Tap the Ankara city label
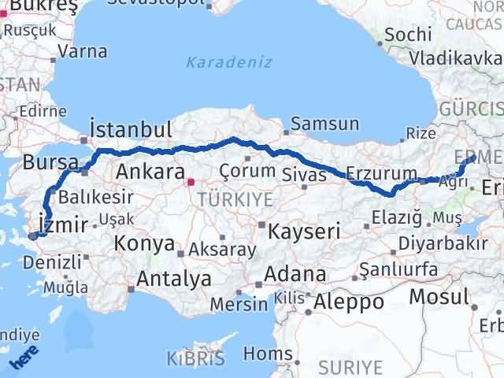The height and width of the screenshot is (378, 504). click(150, 172)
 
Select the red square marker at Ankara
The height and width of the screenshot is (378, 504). click(189, 184)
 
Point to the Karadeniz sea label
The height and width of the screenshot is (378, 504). click(229, 61)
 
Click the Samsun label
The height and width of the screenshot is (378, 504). click(325, 124)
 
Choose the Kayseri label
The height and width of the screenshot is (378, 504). click(304, 232)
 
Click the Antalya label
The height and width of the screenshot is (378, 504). click(174, 278)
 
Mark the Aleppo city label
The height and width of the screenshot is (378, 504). click(349, 302)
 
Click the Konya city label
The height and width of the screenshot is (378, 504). click(144, 243)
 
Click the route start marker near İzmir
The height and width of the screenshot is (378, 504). click(32, 235)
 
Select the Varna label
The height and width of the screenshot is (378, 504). click(83, 53)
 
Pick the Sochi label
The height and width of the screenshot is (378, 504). click(409, 35)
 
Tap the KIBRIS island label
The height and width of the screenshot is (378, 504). click(191, 360)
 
